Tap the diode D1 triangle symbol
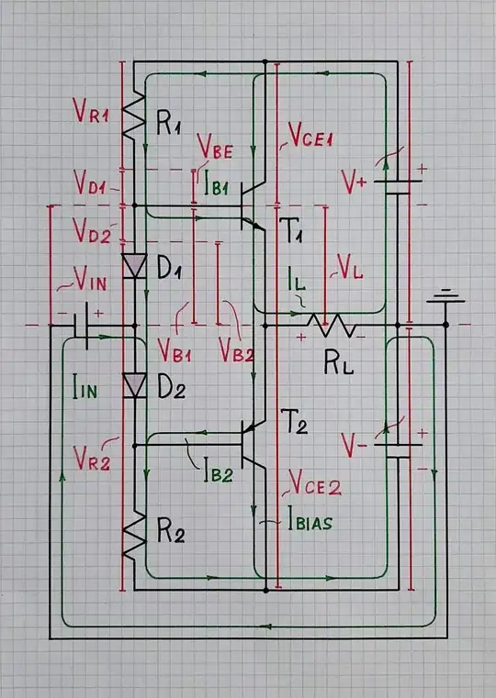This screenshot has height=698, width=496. point(135,266)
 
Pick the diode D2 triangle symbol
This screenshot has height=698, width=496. point(135,386)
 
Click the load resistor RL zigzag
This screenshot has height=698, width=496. point(331,325)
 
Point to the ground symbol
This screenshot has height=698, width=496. point(445,298)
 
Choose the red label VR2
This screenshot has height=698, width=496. point(92,462)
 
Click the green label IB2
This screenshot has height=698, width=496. point(218,473)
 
